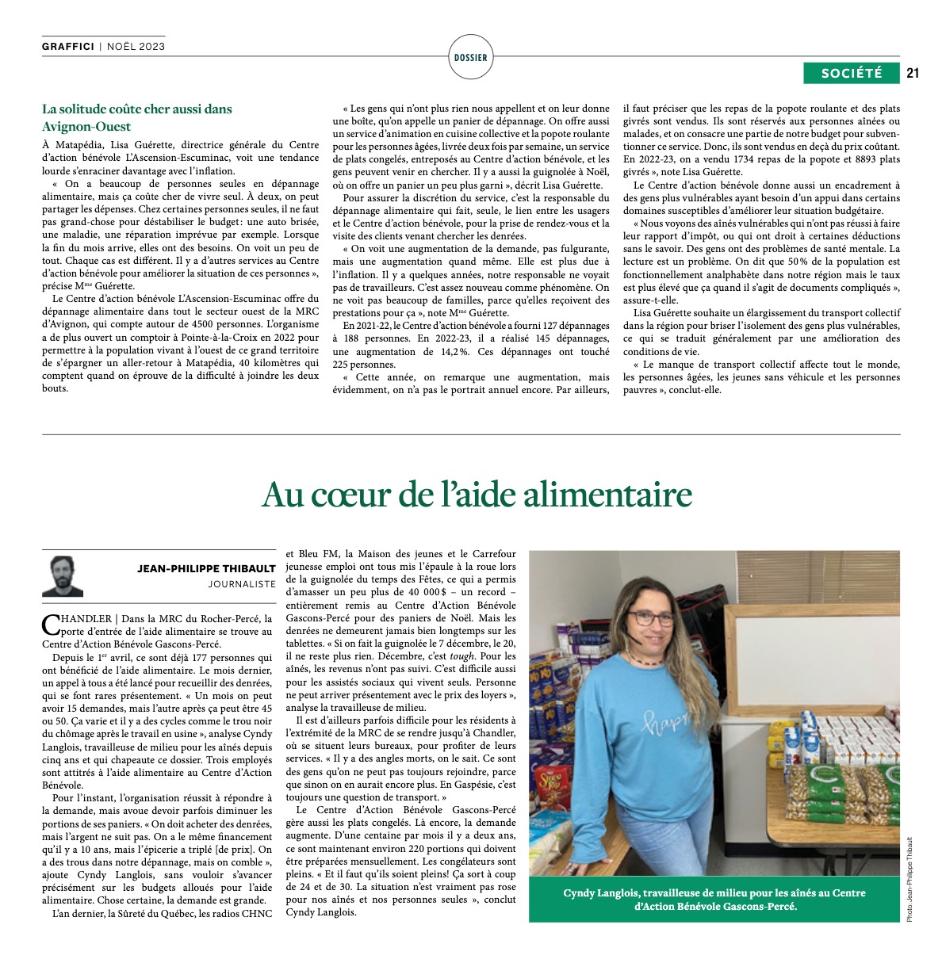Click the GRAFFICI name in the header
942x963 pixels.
(x=68, y=47)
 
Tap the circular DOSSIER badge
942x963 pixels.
(x=471, y=58)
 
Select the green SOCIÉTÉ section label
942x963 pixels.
(x=851, y=73)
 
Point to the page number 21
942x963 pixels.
(x=912, y=73)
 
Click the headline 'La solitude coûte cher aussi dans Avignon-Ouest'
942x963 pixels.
(x=136, y=117)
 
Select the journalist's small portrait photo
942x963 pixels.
(x=62, y=576)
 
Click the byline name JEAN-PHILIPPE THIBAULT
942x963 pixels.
(x=206, y=568)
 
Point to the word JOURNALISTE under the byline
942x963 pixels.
(x=242, y=584)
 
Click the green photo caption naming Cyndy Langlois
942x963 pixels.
(x=714, y=899)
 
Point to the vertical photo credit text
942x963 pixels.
(x=909, y=878)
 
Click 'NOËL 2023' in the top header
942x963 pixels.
(x=136, y=47)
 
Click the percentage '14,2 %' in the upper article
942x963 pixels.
(x=447, y=352)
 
